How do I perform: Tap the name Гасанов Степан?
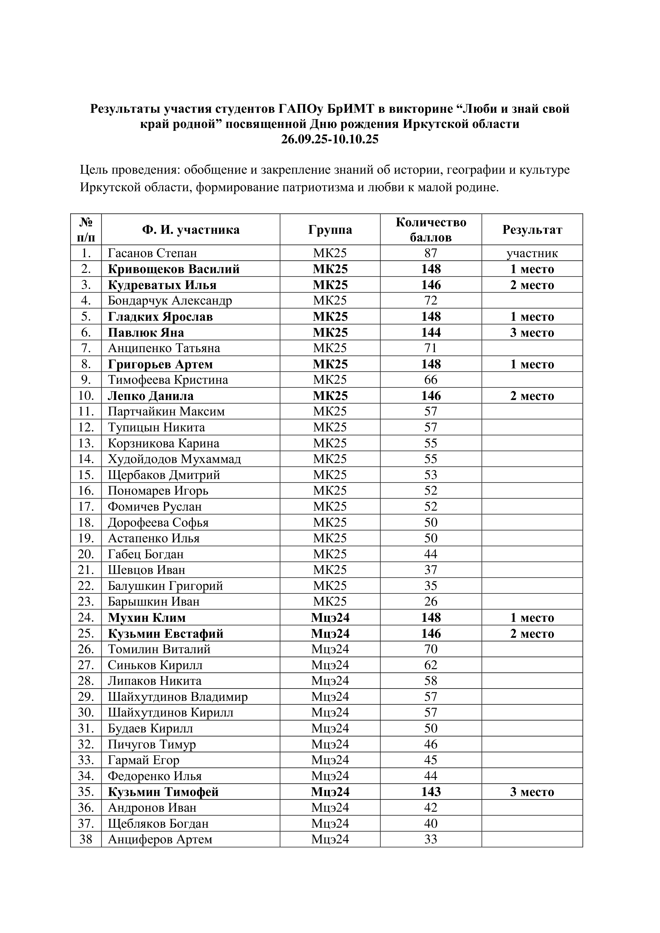click(x=152, y=253)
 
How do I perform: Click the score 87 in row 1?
click(x=431, y=253)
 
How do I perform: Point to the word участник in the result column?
click(x=532, y=253)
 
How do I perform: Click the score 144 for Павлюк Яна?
click(x=431, y=332)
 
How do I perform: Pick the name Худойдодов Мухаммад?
click(x=174, y=459)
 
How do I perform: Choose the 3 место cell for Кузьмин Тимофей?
click(x=532, y=792)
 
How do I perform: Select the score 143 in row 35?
click(x=431, y=792)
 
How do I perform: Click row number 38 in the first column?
click(x=86, y=840)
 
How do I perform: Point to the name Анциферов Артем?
click(x=160, y=840)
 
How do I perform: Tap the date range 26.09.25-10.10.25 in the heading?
click(x=330, y=139)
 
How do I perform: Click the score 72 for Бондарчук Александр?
click(x=431, y=301)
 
